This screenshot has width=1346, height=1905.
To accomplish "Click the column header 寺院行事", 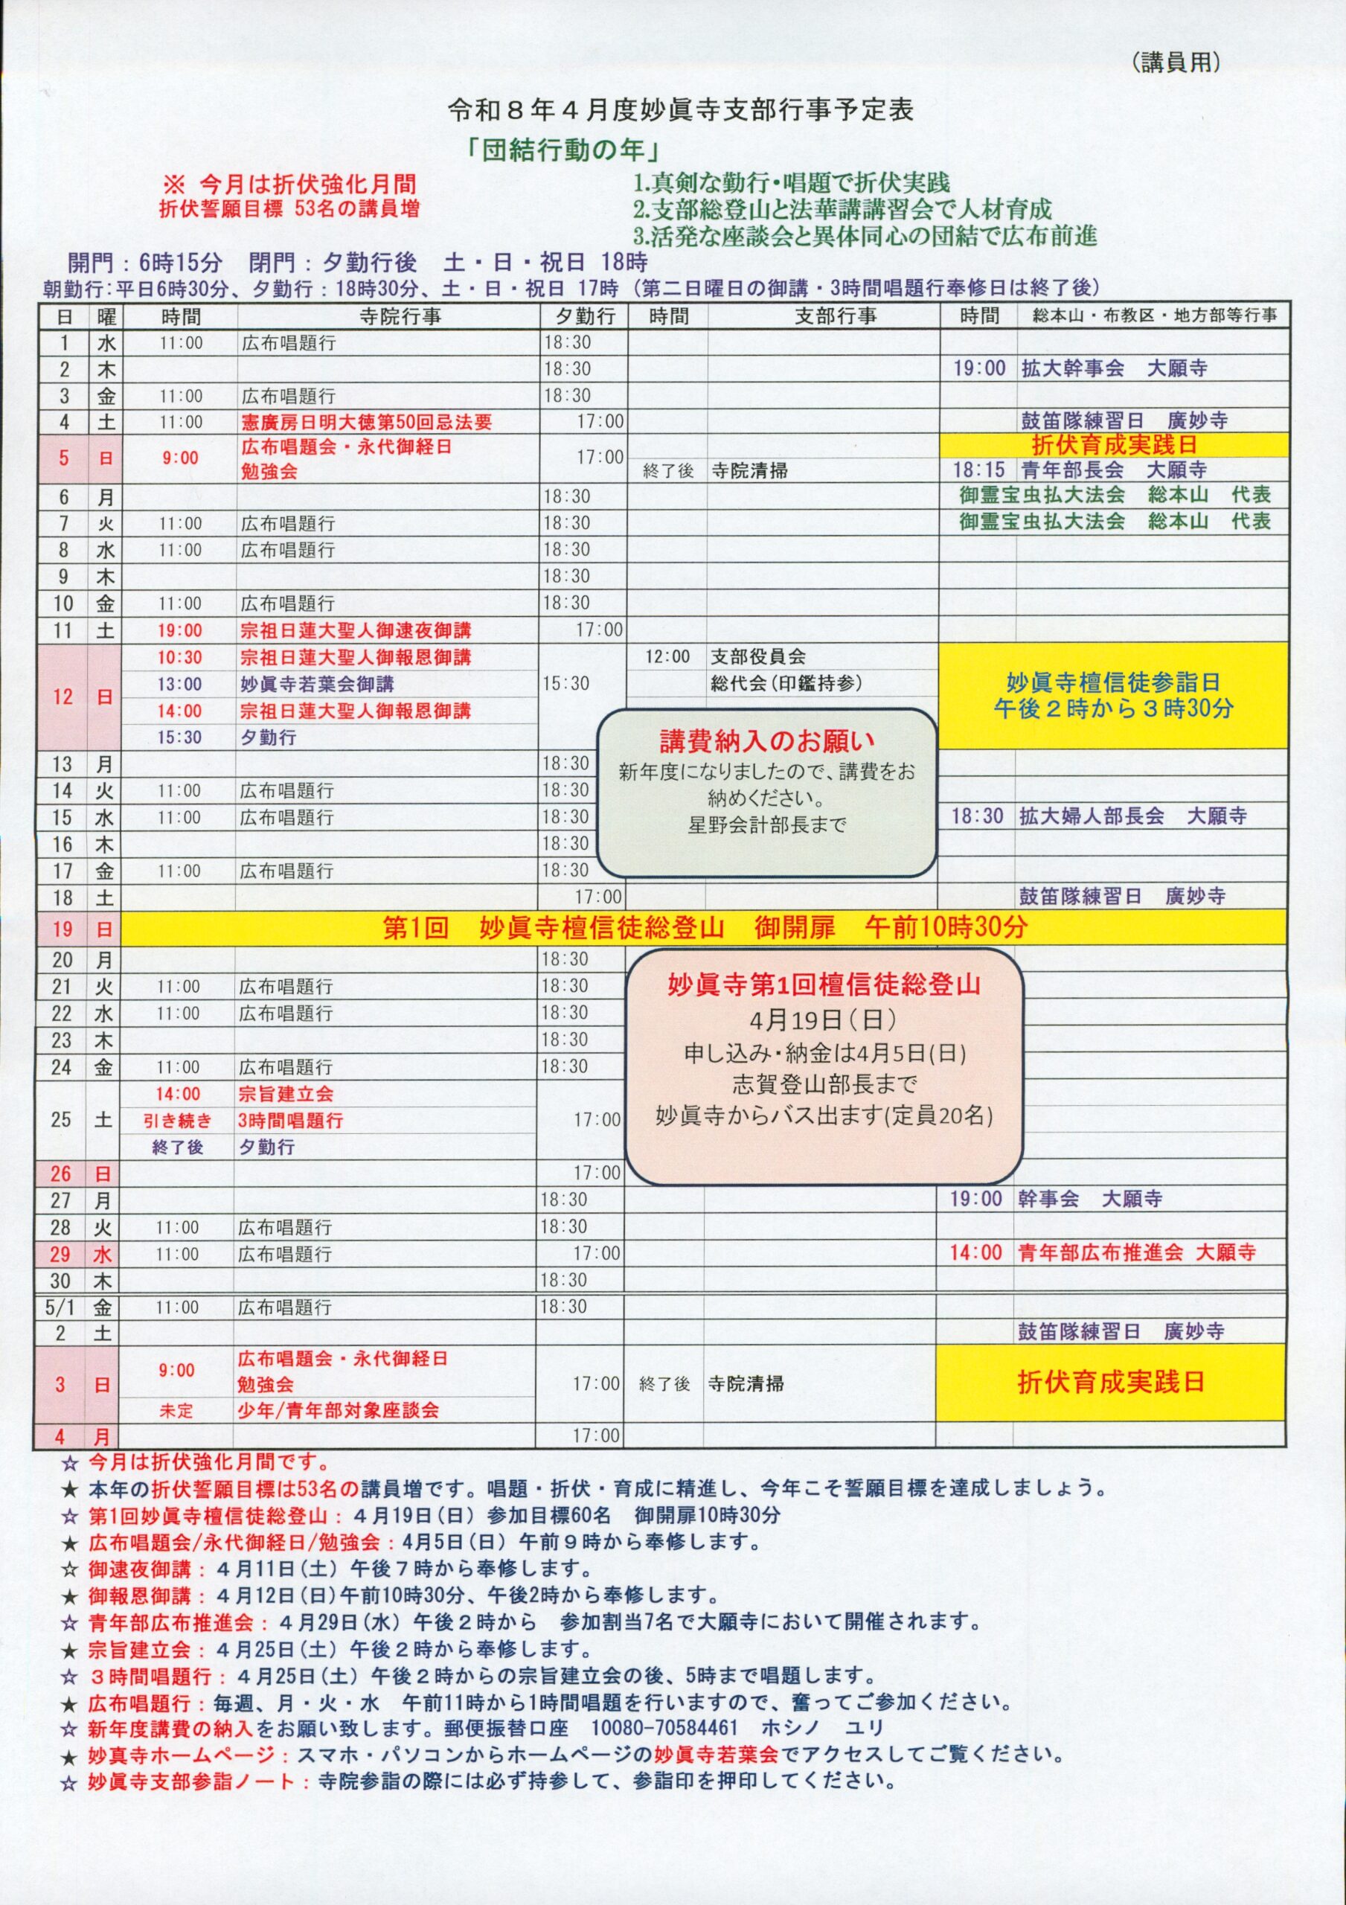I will pyautogui.click(x=400, y=316).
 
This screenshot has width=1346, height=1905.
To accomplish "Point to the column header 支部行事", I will pyautogui.click(x=835, y=316).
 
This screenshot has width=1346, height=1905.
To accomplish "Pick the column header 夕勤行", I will pyautogui.click(x=584, y=316).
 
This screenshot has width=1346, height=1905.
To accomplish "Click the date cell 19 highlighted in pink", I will pyautogui.click(x=63, y=929).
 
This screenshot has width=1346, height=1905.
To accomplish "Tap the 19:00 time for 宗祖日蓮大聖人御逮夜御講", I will pyautogui.click(x=179, y=630).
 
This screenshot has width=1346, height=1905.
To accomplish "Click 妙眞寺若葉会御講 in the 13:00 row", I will pyautogui.click(x=317, y=685).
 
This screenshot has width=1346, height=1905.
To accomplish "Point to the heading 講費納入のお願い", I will pyautogui.click(x=767, y=741).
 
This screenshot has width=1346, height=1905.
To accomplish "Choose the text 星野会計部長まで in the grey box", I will pyautogui.click(x=767, y=825).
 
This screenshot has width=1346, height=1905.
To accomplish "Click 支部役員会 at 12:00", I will pyautogui.click(x=757, y=657).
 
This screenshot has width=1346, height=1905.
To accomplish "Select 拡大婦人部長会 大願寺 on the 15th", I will pyautogui.click(x=1132, y=816).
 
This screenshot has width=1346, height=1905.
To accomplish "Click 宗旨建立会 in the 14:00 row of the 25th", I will pyautogui.click(x=286, y=1094).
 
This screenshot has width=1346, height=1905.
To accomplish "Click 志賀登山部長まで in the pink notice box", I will pyautogui.click(x=824, y=1084).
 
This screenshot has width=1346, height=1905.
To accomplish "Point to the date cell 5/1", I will pyautogui.click(x=60, y=1307).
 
